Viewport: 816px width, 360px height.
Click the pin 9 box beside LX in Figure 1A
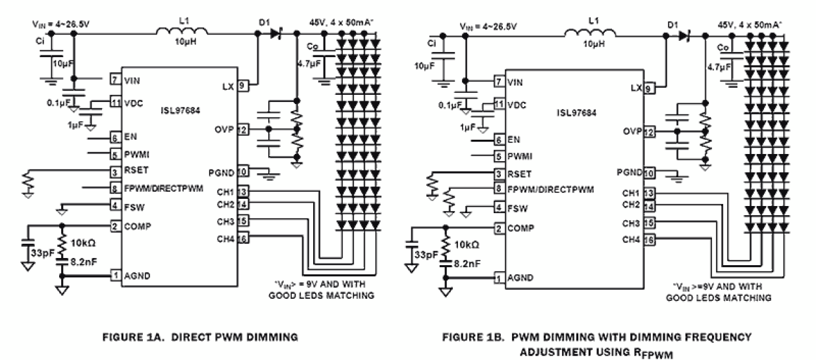pos(241,84)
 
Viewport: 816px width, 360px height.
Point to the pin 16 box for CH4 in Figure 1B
pos(648,240)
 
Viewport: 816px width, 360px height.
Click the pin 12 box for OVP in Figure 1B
pos(648,132)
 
